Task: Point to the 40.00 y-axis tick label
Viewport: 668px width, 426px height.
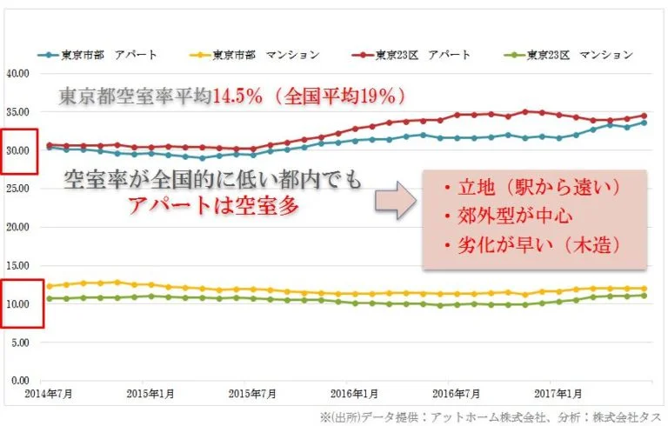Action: tap(17, 73)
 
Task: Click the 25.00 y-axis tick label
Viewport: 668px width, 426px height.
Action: tap(17, 189)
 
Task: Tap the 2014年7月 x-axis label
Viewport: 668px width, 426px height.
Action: tap(49, 393)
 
